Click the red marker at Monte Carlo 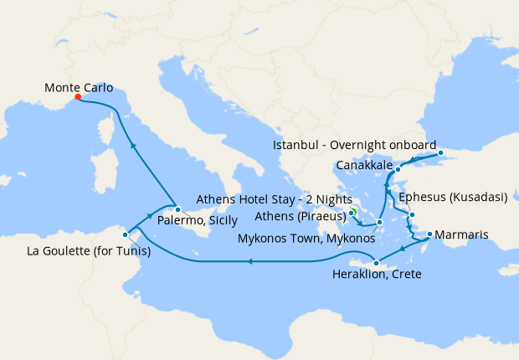(78, 96)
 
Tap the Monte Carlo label (79, 86)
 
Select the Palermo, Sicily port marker (177, 209)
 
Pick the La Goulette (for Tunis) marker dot (125, 235)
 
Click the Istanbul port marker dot (440, 153)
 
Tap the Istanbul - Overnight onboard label (352, 146)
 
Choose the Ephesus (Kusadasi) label (454, 198)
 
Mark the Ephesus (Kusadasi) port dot (412, 215)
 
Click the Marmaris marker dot (429, 234)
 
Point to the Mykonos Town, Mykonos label (309, 239)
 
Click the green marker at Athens (352, 213)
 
